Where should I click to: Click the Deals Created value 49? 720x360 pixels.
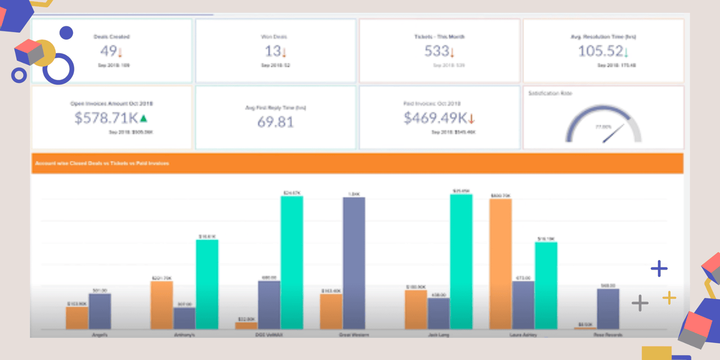click(109, 51)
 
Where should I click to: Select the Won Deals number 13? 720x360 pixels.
click(273, 51)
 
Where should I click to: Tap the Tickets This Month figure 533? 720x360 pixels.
click(436, 51)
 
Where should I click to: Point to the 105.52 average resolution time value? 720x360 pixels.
click(600, 51)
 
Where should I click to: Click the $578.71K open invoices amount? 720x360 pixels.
click(106, 118)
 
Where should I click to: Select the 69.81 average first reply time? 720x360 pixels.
click(275, 121)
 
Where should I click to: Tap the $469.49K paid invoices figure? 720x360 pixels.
click(435, 118)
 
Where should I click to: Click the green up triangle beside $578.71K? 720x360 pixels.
click(144, 119)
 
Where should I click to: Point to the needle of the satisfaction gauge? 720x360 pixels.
click(613, 134)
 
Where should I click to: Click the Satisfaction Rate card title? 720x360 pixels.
click(550, 93)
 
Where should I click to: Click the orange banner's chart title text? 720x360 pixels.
click(102, 163)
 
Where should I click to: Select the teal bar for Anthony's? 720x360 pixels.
click(207, 283)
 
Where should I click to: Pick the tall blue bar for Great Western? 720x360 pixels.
click(354, 263)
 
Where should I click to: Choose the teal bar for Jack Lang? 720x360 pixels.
click(461, 261)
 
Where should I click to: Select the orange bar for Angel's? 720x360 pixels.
click(77, 317)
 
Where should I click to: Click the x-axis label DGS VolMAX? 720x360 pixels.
click(269, 335)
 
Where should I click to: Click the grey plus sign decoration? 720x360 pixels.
click(639, 303)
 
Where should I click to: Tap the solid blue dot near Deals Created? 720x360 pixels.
click(66, 32)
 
